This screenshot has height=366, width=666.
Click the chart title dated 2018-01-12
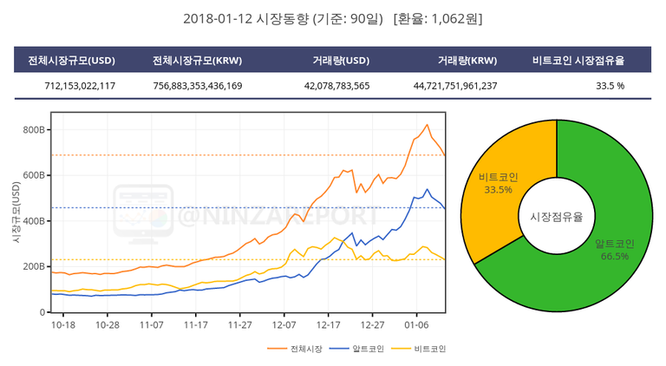point(333,18)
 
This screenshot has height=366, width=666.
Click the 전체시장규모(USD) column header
point(72,61)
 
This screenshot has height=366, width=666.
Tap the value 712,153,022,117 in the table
point(80,86)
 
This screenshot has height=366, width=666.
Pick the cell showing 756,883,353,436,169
point(197,86)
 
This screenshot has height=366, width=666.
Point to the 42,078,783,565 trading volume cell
point(336,86)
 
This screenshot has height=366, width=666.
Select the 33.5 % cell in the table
point(610,86)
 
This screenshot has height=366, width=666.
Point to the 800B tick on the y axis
point(34,130)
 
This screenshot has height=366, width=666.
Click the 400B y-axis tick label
point(34,221)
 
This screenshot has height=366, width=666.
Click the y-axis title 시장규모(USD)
point(16,212)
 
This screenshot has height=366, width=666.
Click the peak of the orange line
point(427,125)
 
